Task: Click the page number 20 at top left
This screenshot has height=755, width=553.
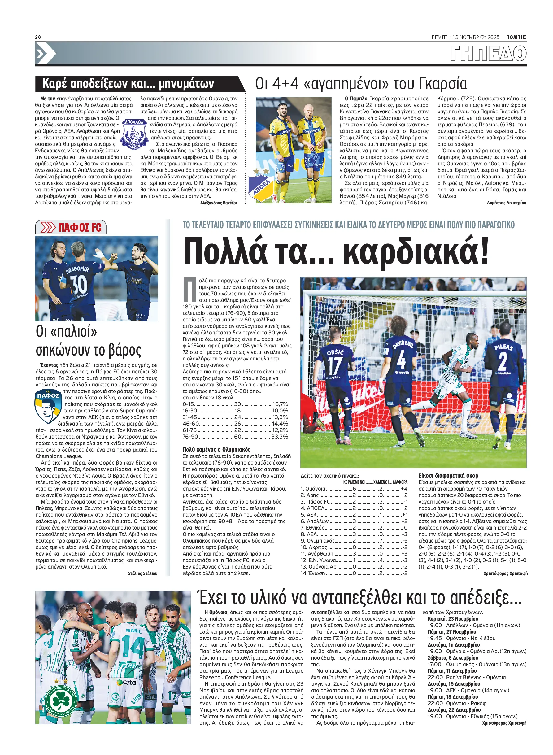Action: pyautogui.click(x=38, y=37)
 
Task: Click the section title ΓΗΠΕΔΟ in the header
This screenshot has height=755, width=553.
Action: pyautogui.click(x=488, y=54)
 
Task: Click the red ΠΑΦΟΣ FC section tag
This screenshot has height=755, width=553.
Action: pyautogui.click(x=71, y=227)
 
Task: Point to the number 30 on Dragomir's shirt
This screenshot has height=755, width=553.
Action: pyautogui.click(x=79, y=284)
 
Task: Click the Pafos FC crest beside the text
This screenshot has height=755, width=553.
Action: pyautogui.click(x=48, y=406)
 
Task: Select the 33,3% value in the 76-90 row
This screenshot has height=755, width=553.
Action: pyautogui.click(x=280, y=437)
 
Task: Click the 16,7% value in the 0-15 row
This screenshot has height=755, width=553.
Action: pyautogui.click(x=280, y=404)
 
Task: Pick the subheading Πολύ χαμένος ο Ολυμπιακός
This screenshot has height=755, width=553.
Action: pyautogui.click(x=216, y=449)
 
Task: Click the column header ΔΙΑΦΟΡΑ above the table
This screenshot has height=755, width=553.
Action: pyautogui.click(x=400, y=482)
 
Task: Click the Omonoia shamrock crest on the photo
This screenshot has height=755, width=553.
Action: pyautogui.click(x=61, y=700)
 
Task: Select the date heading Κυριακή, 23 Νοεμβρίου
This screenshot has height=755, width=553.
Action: pyautogui.click(x=453, y=619)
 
